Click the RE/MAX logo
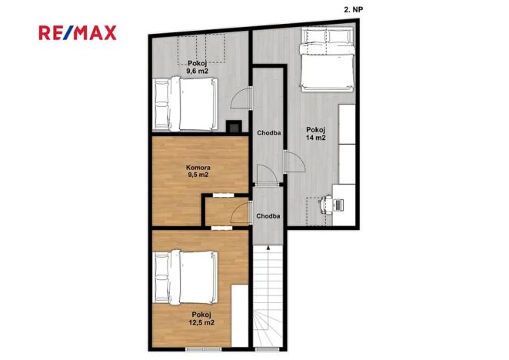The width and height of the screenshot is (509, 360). pos(78,32)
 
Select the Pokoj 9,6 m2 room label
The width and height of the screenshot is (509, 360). pos(198,67)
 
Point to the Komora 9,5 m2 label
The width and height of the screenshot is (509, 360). pos(198,170)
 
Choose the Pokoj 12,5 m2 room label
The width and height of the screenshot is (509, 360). pos(202,318)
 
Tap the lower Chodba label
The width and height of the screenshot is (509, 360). pos(269,215)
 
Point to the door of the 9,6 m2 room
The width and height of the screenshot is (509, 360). pos(242,100)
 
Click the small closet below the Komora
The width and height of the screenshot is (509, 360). pos(225,212)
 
